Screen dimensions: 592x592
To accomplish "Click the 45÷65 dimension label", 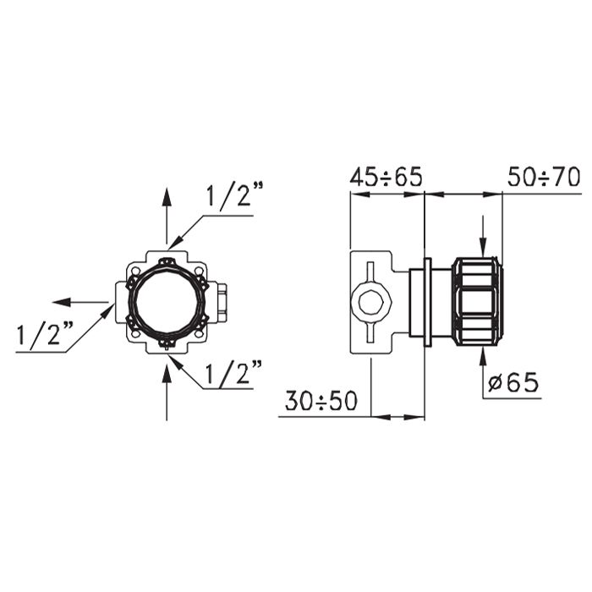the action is click(x=386, y=177).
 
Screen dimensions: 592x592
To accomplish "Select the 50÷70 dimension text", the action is click(x=544, y=177).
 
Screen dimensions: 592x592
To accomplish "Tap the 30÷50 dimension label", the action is click(x=321, y=401).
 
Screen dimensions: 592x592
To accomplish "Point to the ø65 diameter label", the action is click(x=513, y=383).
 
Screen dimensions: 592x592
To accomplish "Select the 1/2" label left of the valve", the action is click(x=45, y=333).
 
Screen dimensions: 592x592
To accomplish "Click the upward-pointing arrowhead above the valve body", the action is click(x=167, y=197).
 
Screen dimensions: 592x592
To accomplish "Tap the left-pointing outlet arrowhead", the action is click(x=62, y=302).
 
